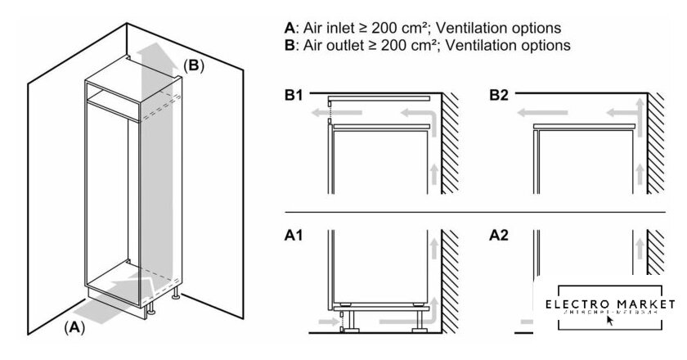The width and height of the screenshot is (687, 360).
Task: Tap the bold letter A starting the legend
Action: tap(289, 28)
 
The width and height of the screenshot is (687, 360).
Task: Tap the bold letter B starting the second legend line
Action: tap(289, 46)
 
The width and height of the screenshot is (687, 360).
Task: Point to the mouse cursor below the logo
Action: tap(610, 320)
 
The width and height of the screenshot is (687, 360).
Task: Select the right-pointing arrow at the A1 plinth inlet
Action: tap(326, 324)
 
